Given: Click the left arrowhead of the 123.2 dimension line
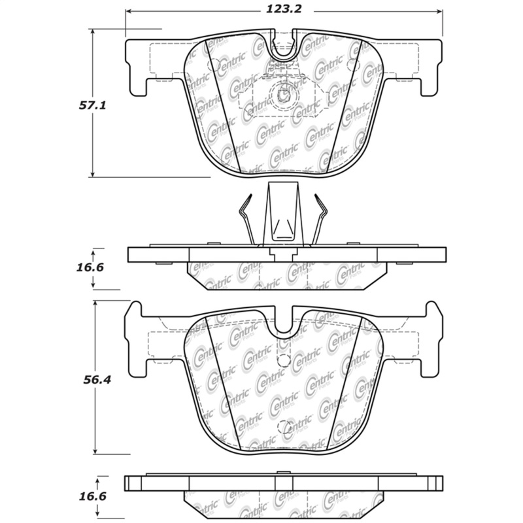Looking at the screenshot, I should pyautogui.click(x=127, y=11).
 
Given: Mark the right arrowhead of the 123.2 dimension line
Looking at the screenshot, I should pyautogui.click(x=440, y=11).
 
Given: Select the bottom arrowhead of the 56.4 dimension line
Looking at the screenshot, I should pyautogui.click(x=96, y=452).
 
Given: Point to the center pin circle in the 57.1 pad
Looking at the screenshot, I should pyautogui.click(x=284, y=95).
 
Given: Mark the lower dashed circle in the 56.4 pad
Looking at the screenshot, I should pyautogui.click(x=285, y=428).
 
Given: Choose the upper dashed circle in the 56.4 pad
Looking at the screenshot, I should pyautogui.click(x=283, y=361).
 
